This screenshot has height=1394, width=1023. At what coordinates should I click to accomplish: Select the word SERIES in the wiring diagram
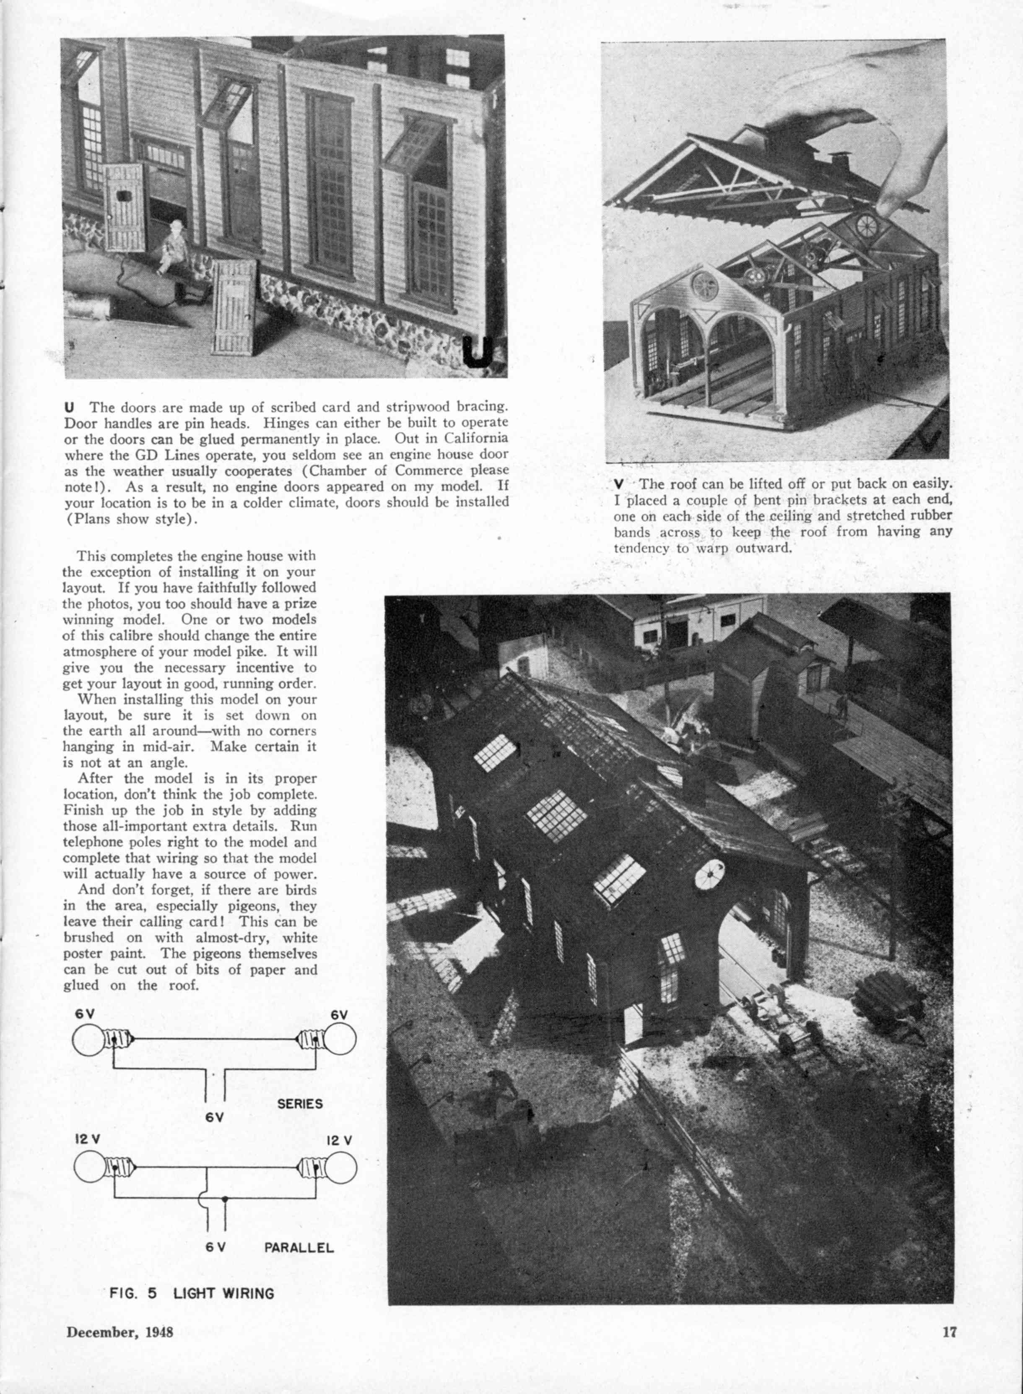(x=300, y=1103)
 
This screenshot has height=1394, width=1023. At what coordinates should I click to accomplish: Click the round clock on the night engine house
(x=710, y=875)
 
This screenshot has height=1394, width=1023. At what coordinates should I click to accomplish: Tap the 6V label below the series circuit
(x=214, y=1118)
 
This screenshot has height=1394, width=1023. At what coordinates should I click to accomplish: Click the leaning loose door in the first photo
(x=235, y=307)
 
